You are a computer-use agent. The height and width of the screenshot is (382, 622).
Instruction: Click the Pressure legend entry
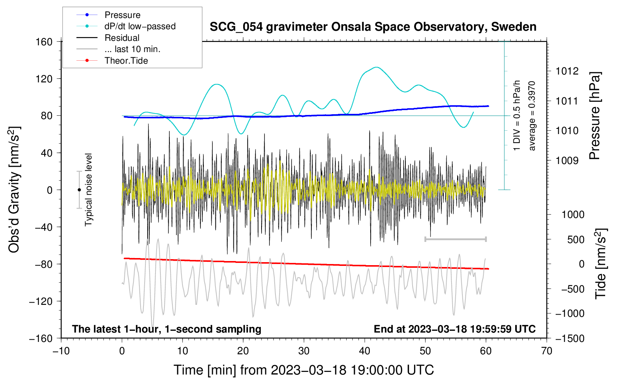(x=122, y=15)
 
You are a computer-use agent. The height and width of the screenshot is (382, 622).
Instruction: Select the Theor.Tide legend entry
(x=126, y=61)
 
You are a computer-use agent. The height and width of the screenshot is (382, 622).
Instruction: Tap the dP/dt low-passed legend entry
(x=140, y=26)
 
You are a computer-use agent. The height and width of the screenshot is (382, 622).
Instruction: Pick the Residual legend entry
(x=122, y=38)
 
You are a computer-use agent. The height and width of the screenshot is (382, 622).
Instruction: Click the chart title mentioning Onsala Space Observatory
(x=373, y=27)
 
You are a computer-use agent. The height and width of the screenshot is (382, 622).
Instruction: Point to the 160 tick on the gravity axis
(x=44, y=42)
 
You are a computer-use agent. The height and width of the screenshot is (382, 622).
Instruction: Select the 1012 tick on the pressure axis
(x=567, y=71)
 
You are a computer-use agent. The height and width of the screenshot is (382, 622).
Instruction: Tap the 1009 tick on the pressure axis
(x=567, y=161)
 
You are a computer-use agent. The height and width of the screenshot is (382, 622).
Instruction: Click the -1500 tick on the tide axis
(x=570, y=338)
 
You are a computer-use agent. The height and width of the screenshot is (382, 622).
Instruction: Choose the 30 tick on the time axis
(x=304, y=351)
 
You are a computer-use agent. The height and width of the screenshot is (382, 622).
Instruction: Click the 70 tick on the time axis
(x=547, y=351)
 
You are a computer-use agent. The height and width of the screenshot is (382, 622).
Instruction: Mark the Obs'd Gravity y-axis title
(x=14, y=190)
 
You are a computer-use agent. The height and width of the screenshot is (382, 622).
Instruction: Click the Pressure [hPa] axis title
(x=595, y=116)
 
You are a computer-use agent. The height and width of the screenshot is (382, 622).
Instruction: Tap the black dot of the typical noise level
(x=79, y=190)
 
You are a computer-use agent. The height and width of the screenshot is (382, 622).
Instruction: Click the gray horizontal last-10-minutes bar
(x=455, y=239)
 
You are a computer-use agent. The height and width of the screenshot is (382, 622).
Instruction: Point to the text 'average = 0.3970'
(x=532, y=116)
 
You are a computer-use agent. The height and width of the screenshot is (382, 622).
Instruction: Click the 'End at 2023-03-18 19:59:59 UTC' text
(x=455, y=329)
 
